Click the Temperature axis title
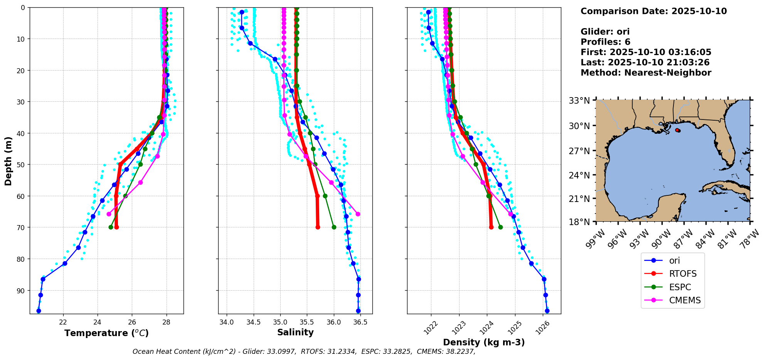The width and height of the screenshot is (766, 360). pyautogui.click(x=106, y=333)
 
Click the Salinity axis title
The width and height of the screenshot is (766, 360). pyautogui.click(x=295, y=332)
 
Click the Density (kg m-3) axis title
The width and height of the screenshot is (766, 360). pyautogui.click(x=484, y=342)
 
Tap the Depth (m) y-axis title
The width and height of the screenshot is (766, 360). pyautogui.click(x=8, y=161)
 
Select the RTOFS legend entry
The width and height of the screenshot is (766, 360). pyautogui.click(x=683, y=274)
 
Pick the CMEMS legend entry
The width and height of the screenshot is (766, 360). pyautogui.click(x=685, y=301)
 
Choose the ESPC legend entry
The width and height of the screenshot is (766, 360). pyautogui.click(x=680, y=288)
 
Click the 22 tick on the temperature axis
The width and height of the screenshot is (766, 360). pyautogui.click(x=64, y=322)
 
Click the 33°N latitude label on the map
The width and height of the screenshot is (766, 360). pyautogui.click(x=579, y=101)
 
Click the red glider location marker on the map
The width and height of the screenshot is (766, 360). pyautogui.click(x=678, y=130)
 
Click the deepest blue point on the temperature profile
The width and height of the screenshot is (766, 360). pyautogui.click(x=39, y=311)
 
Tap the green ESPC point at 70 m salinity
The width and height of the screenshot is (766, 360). pyautogui.click(x=334, y=227)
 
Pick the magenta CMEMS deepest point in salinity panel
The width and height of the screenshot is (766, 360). pyautogui.click(x=358, y=214)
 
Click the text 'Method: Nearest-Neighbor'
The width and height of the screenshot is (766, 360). pyautogui.click(x=646, y=73)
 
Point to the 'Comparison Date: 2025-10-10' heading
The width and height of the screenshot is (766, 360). pyautogui.click(x=653, y=11)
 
